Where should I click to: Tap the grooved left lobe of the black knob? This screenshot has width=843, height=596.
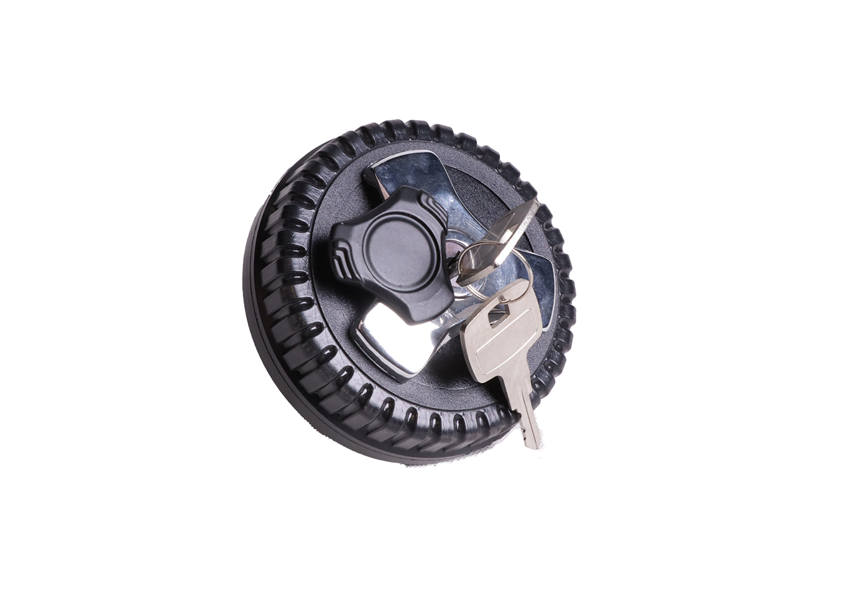(341, 257)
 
